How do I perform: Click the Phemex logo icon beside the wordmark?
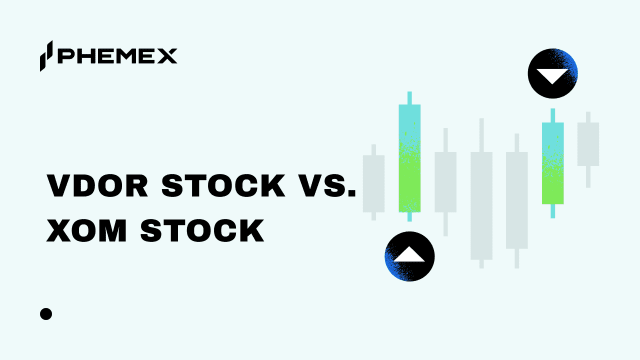pyautogui.click(x=46, y=55)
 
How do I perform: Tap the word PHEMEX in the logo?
pyautogui.click(x=117, y=56)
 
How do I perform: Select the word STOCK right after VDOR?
pyautogui.click(x=223, y=186)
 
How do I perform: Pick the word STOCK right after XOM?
pyautogui.click(x=202, y=231)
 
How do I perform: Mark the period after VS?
pyautogui.click(x=351, y=195)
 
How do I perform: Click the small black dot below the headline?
pyautogui.click(x=46, y=314)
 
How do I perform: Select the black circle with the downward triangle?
pyautogui.click(x=552, y=73)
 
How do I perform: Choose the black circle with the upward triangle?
pyautogui.click(x=409, y=256)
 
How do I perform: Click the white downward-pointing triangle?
pyautogui.click(x=552, y=75)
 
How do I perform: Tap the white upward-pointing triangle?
pyautogui.click(x=409, y=254)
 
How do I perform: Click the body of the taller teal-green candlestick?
pyautogui.click(x=409, y=158)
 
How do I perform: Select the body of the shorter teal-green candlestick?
pyautogui.click(x=552, y=163)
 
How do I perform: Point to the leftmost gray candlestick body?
pyautogui.click(x=373, y=183)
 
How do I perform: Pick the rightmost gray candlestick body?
pyautogui.click(x=588, y=144)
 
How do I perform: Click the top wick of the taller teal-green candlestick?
pyautogui.click(x=409, y=98)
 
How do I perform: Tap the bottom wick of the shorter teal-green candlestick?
pyautogui.click(x=552, y=210)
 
